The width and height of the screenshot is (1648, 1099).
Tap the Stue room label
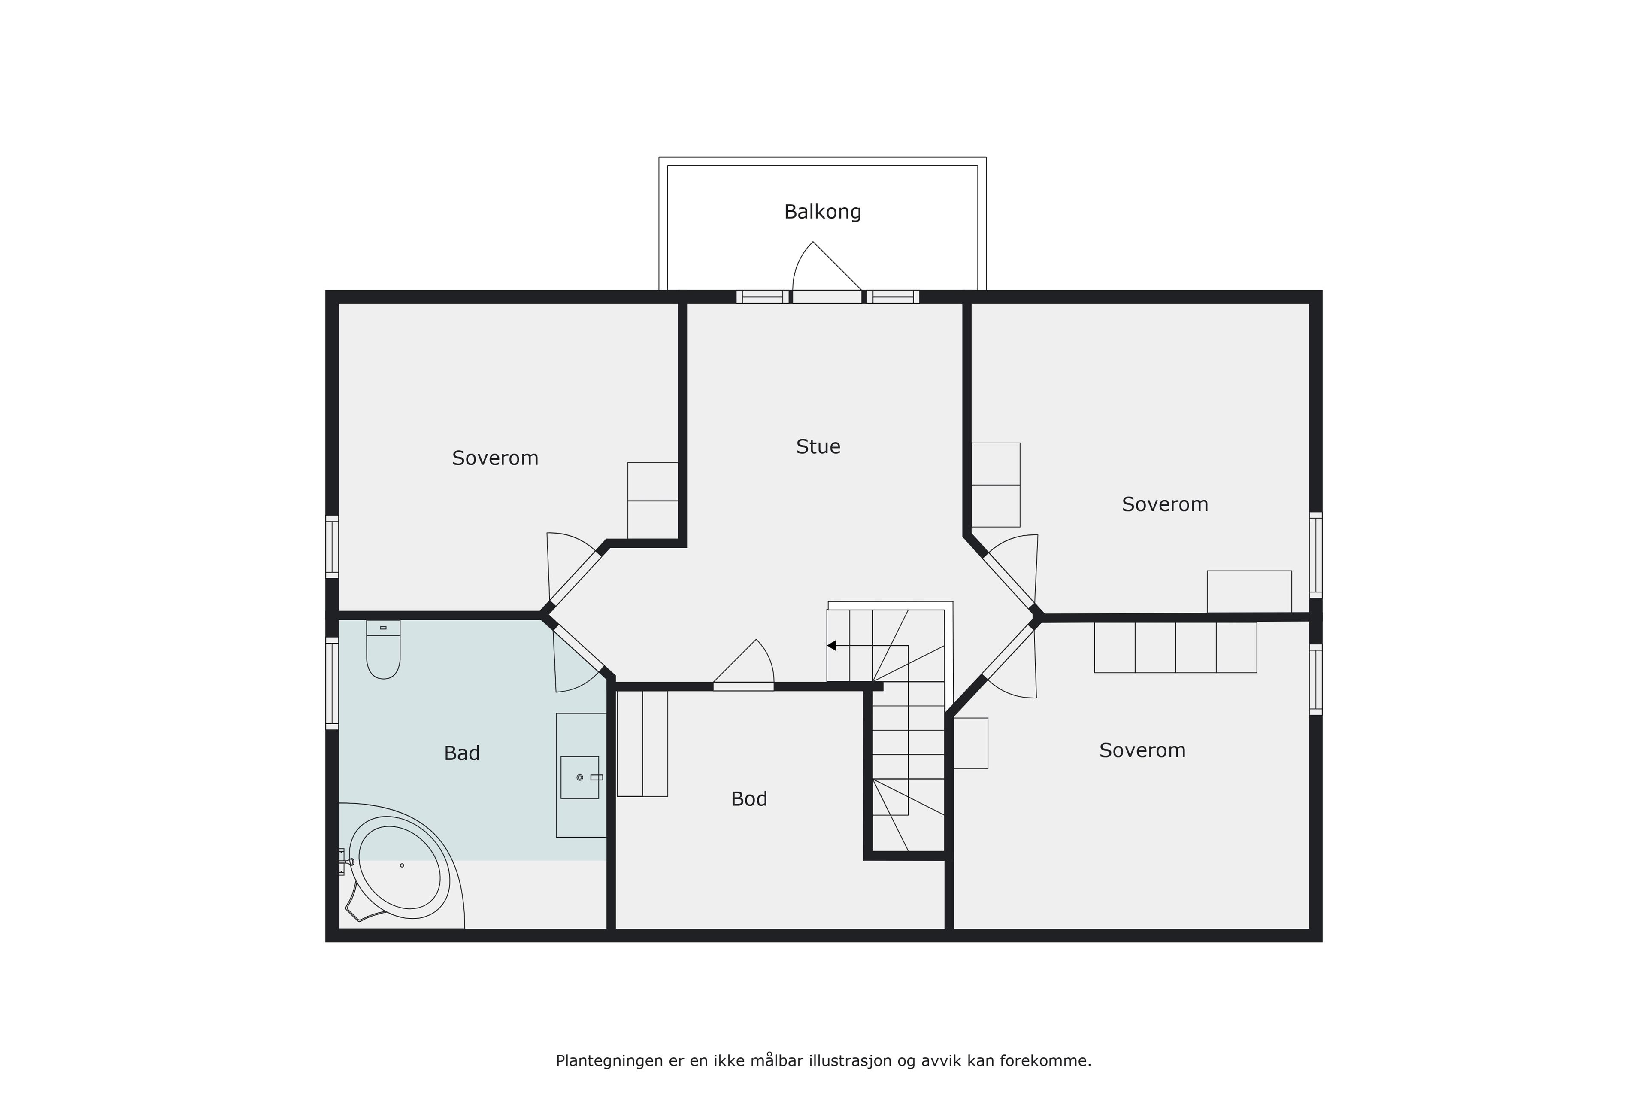[x=818, y=446]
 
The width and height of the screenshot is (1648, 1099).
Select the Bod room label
[x=748, y=799]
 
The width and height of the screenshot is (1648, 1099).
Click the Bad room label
[x=462, y=753]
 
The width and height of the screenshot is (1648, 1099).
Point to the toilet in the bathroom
[x=383, y=650]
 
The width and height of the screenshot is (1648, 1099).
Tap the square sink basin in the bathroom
[x=579, y=777]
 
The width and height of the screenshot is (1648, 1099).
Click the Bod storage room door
[x=743, y=666]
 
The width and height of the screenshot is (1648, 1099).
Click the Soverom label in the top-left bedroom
[x=495, y=458]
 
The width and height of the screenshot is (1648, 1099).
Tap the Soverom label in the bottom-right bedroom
[x=1142, y=751]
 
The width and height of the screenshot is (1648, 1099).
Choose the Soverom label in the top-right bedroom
[x=1164, y=505]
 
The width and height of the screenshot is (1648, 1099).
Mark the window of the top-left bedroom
[x=332, y=546]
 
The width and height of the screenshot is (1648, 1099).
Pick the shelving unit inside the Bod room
[x=642, y=744]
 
